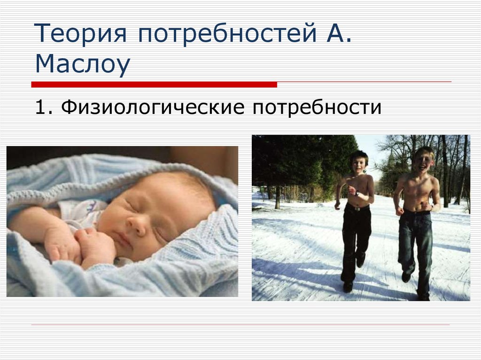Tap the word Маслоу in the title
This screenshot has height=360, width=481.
tap(82, 65)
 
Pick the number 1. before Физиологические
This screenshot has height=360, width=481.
tap(43, 108)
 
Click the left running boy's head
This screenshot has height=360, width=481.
tap(358, 162)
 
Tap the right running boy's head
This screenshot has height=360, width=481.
tap(423, 159)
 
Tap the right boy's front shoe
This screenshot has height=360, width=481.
tap(406, 277)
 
